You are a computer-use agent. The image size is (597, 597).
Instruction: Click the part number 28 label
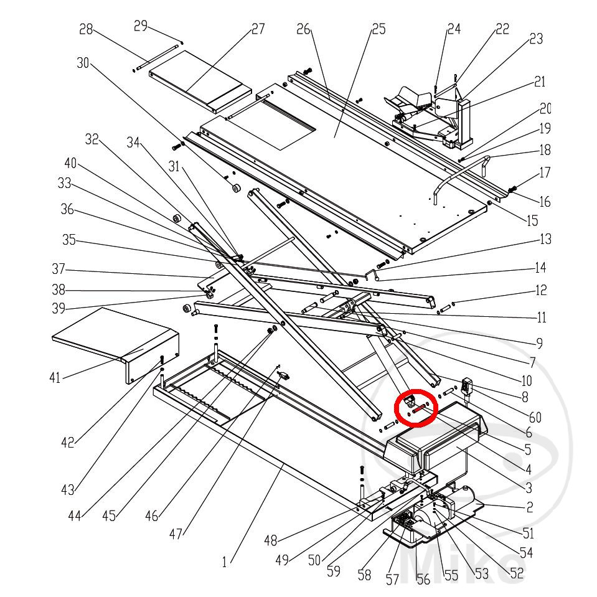click(x=86, y=29)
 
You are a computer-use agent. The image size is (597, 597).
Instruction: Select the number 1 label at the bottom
click(x=224, y=562)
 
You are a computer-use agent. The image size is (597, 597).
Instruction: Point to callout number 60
click(x=535, y=417)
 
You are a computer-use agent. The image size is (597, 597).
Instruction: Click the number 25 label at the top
click(x=378, y=29)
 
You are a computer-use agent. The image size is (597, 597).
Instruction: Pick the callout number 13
click(x=545, y=239)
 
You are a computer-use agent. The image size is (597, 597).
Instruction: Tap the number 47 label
click(x=176, y=534)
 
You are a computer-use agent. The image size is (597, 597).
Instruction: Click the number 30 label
click(x=83, y=63)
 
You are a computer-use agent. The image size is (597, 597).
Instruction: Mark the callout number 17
click(x=545, y=172)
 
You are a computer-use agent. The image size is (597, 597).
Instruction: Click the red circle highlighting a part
click(x=416, y=407)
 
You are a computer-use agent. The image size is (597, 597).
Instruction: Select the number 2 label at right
click(x=529, y=507)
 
